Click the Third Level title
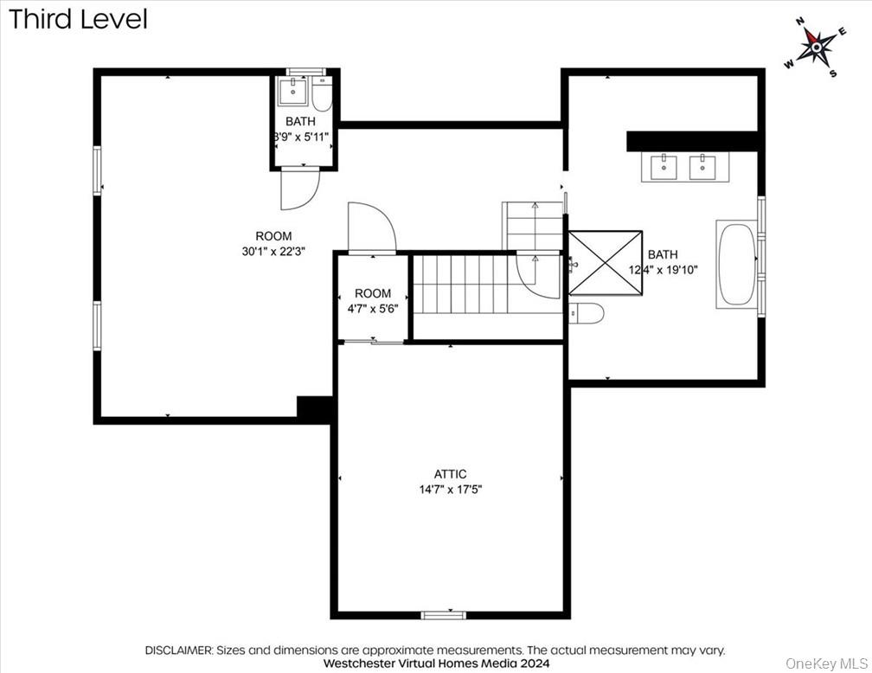(x=78, y=19)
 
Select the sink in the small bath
(x=293, y=91)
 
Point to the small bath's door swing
(x=298, y=189)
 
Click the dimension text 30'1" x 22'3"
(x=273, y=251)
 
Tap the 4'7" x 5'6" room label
(x=373, y=300)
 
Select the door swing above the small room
(x=370, y=228)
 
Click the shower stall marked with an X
(x=606, y=264)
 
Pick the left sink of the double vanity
(x=664, y=166)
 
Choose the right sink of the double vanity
(x=702, y=166)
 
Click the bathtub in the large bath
(x=736, y=265)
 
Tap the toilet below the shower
(x=587, y=313)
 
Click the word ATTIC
(x=450, y=474)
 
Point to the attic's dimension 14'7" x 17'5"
(x=450, y=489)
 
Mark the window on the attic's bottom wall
(x=443, y=615)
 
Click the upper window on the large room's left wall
(x=97, y=170)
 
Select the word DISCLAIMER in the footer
(x=178, y=650)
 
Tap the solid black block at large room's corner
(x=315, y=409)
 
